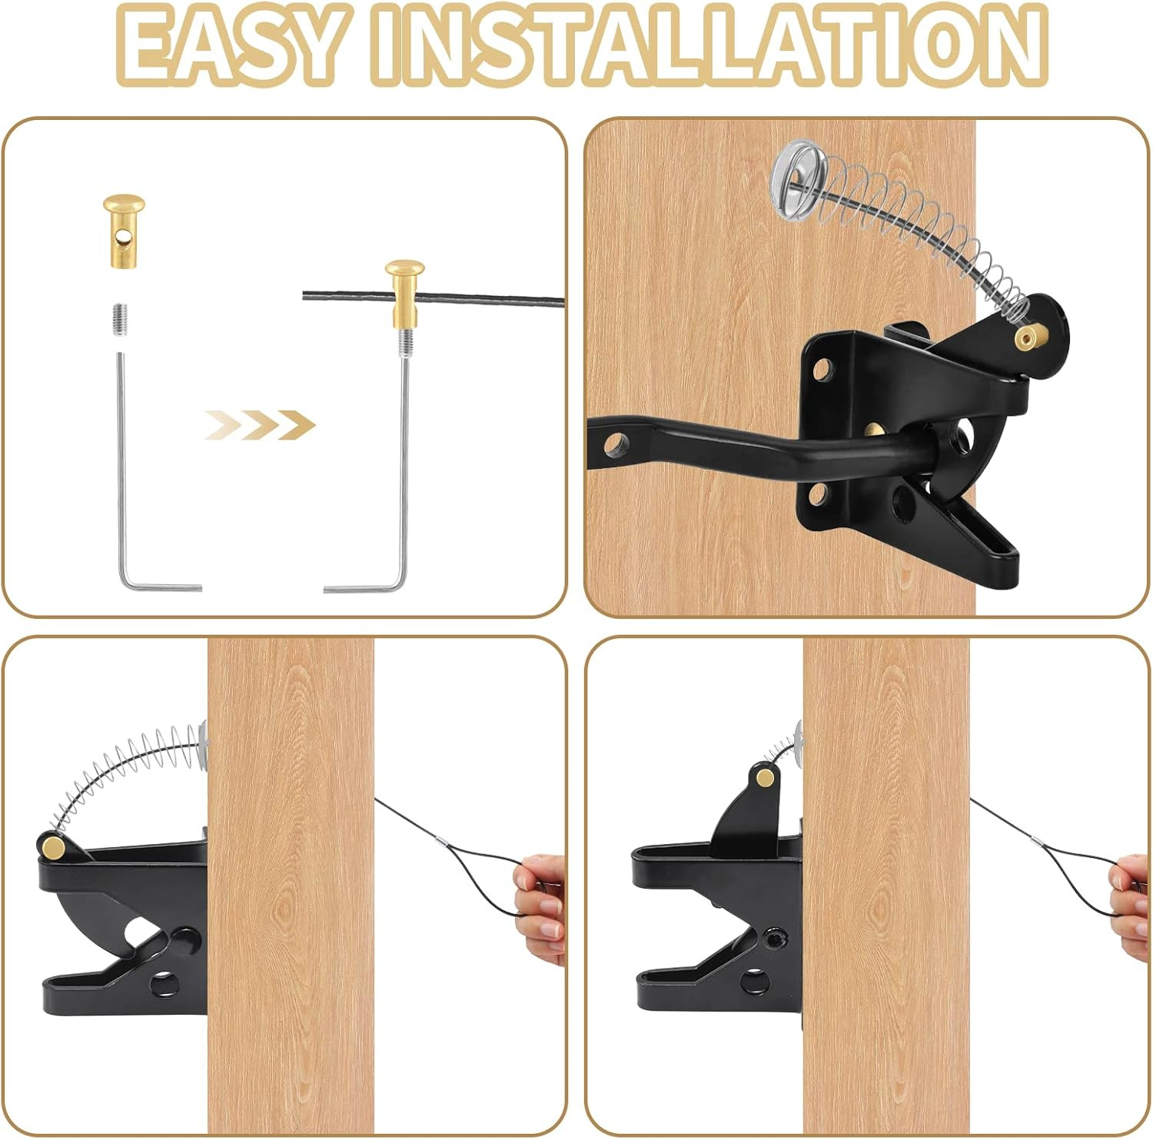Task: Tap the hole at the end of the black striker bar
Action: pyautogui.click(x=615, y=444)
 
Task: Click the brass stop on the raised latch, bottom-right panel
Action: pyautogui.click(x=765, y=779)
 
